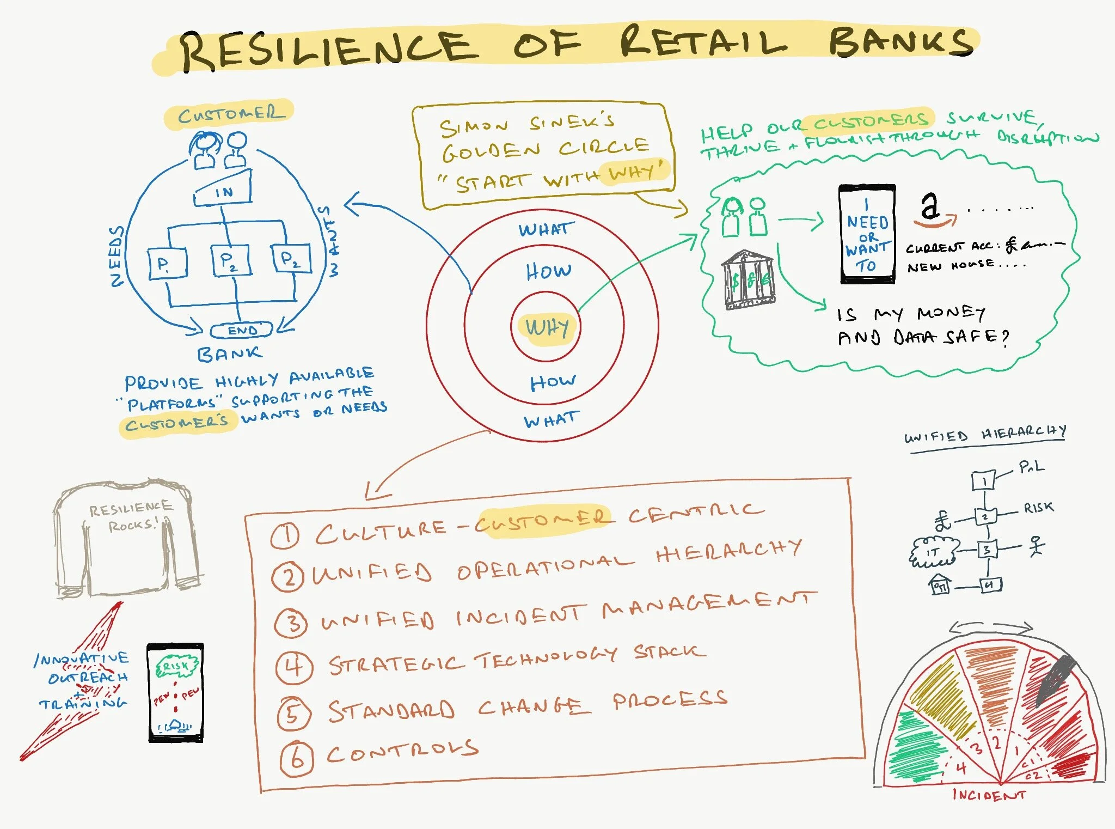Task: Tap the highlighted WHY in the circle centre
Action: click(x=547, y=327)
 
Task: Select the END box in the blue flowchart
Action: click(x=242, y=330)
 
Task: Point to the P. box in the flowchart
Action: click(x=167, y=264)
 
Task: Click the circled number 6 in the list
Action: click(x=297, y=759)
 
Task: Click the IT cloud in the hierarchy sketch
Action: click(x=933, y=552)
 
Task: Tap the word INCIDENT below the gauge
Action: click(x=989, y=795)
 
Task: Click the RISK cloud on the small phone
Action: click(x=175, y=666)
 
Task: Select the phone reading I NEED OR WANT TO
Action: click(x=867, y=234)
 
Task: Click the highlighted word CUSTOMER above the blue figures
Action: click(x=231, y=114)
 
